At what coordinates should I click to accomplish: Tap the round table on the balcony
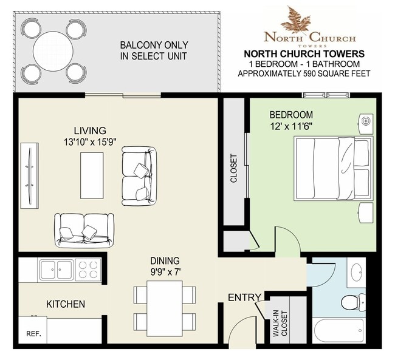point(53,51)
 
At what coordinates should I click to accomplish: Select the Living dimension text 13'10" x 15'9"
point(90,142)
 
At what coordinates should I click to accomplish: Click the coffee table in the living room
point(92,175)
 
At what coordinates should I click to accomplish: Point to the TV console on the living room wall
point(30,175)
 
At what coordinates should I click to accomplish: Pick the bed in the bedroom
point(334,168)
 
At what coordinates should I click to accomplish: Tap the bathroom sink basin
point(357,272)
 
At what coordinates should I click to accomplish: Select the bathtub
point(339,330)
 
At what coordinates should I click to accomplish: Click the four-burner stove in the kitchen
point(88,270)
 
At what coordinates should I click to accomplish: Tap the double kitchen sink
point(56,270)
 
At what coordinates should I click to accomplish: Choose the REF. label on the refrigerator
point(33,334)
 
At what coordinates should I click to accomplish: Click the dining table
point(165,308)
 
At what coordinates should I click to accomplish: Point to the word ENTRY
point(245,297)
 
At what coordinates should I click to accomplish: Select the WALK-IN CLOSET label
point(280,324)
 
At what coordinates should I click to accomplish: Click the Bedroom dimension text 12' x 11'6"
point(291,126)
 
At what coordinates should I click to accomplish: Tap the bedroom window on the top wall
point(326,95)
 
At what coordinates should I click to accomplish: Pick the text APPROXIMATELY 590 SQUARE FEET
point(304,73)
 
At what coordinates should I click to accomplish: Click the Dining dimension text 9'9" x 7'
point(165,272)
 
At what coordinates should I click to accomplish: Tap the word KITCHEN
point(66,304)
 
